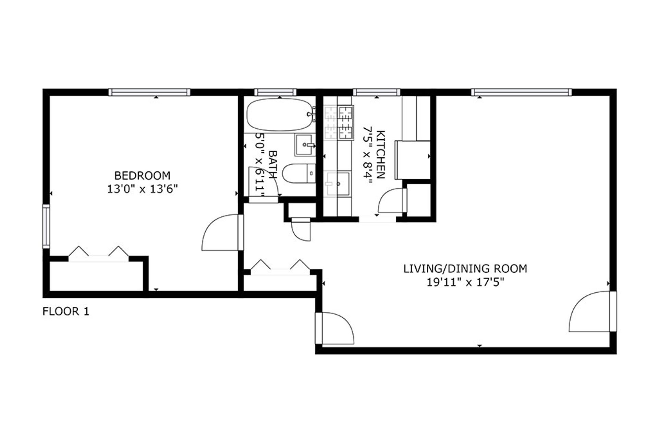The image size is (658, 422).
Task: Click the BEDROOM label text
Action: coord(142,176)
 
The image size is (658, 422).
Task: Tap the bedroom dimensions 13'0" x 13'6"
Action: coord(142,189)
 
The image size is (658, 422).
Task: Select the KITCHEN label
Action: coord(381,155)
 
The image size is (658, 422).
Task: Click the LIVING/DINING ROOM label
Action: coord(465,268)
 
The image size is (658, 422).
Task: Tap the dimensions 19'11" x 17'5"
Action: coord(465,282)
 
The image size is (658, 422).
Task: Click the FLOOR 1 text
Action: coord(66,312)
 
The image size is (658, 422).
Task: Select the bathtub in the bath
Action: coord(279,115)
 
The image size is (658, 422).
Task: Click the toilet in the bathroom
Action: coord(298,174)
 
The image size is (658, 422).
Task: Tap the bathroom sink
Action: coord(304,145)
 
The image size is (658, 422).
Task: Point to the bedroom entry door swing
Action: coord(221,233)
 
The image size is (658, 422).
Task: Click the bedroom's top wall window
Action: coord(149,92)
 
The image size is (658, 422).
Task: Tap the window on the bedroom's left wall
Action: coord(46,226)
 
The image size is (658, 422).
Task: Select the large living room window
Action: coord(521,92)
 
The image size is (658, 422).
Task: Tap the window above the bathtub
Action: coord(275,92)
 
